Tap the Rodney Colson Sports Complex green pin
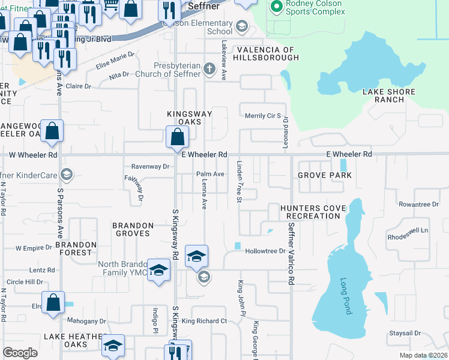[x=276, y=7]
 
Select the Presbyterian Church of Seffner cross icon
[x=209, y=68]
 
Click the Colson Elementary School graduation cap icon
[x=241, y=26]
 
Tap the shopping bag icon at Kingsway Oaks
[x=178, y=137]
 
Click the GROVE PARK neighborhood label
[x=324, y=175]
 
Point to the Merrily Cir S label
[x=263, y=115]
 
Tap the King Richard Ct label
[x=204, y=321]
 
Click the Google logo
[x=20, y=353]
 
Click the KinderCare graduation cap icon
[x=67, y=175]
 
